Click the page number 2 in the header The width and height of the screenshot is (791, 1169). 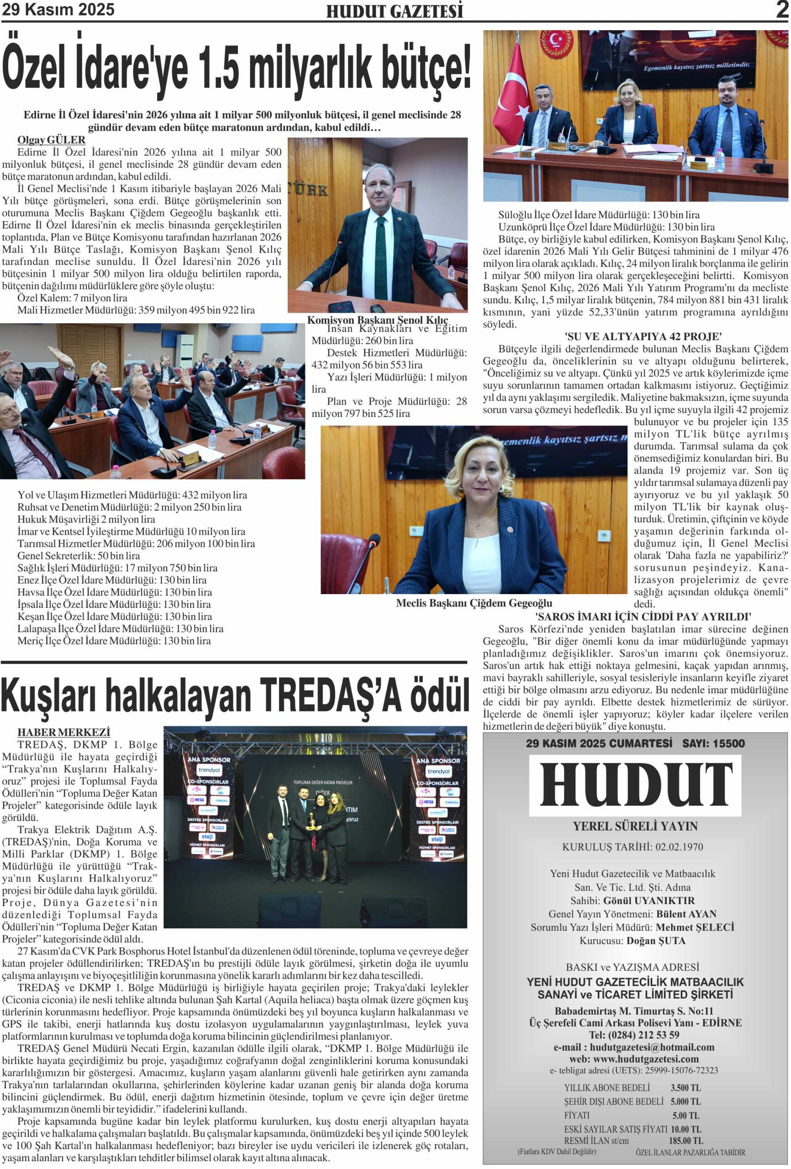[x=781, y=10]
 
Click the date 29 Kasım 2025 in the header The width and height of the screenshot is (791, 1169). [x=58, y=10]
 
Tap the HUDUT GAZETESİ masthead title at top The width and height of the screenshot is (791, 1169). [x=395, y=11]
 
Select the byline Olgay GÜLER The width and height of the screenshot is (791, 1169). [x=51, y=140]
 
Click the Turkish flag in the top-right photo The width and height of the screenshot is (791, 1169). [x=514, y=95]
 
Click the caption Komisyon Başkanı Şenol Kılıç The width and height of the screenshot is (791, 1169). [x=377, y=320]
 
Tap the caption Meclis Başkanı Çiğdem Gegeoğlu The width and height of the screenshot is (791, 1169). [x=474, y=603]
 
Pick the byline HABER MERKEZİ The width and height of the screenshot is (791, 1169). [x=64, y=732]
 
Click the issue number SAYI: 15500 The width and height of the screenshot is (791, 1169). [x=713, y=743]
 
